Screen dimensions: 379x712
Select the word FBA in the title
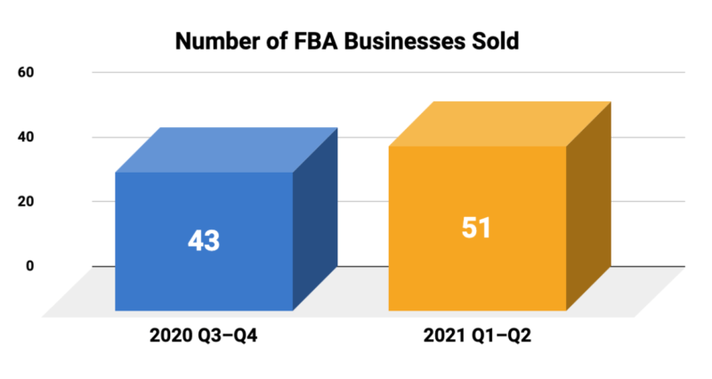(x=300, y=41)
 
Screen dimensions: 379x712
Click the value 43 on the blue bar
(x=204, y=240)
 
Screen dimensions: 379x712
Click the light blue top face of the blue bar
(x=227, y=149)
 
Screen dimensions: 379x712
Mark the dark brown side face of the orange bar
(x=588, y=209)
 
